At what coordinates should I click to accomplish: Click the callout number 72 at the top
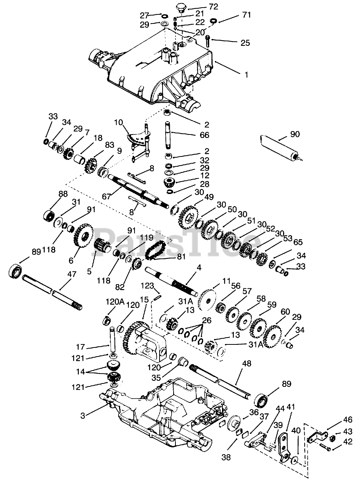[213, 7]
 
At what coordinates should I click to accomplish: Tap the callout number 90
[294, 134]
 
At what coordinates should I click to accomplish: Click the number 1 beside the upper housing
[246, 75]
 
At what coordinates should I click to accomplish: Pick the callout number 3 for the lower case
[83, 416]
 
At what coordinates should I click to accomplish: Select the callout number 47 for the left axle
[72, 274]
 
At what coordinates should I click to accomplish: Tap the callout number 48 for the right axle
[247, 363]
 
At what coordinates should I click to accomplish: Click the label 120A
[115, 302]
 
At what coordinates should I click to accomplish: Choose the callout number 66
[205, 135]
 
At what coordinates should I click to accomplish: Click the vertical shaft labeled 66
[169, 135]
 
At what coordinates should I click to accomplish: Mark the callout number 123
[147, 286]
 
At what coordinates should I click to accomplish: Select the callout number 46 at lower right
[348, 419]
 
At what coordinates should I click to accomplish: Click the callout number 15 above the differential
[144, 300]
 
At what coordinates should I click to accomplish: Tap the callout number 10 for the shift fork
[119, 122]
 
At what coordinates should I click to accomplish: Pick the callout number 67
[106, 197]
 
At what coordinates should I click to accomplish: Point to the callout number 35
[156, 378]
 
